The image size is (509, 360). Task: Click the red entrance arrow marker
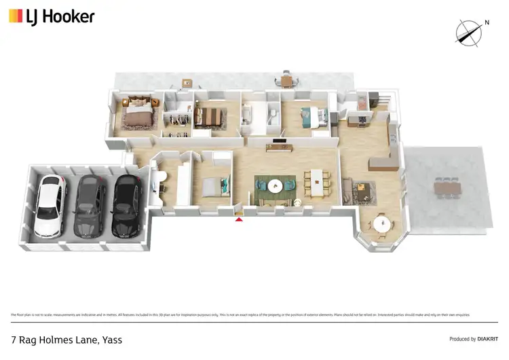[239, 218]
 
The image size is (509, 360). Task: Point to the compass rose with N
[468, 32]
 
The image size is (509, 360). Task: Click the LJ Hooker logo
[52, 16]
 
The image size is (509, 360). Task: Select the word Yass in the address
[111, 340]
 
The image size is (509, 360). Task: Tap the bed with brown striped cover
[207, 118]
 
